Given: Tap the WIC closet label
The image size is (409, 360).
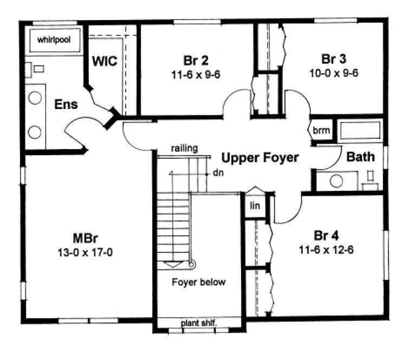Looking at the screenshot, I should pyautogui.click(x=105, y=61).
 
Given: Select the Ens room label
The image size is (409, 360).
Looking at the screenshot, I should pyautogui.click(x=66, y=104).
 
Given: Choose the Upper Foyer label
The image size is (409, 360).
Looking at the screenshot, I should pyautogui.click(x=260, y=158).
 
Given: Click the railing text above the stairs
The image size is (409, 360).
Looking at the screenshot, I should pyautogui.click(x=184, y=147).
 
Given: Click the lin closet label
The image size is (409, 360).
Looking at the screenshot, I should pyautogui.click(x=254, y=206).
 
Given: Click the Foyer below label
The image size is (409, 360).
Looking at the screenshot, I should pyautogui.click(x=199, y=282).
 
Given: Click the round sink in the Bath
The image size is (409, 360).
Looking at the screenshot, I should pyautogui.click(x=336, y=181).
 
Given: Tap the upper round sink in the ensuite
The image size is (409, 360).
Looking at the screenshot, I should pyautogui.click(x=35, y=98).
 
